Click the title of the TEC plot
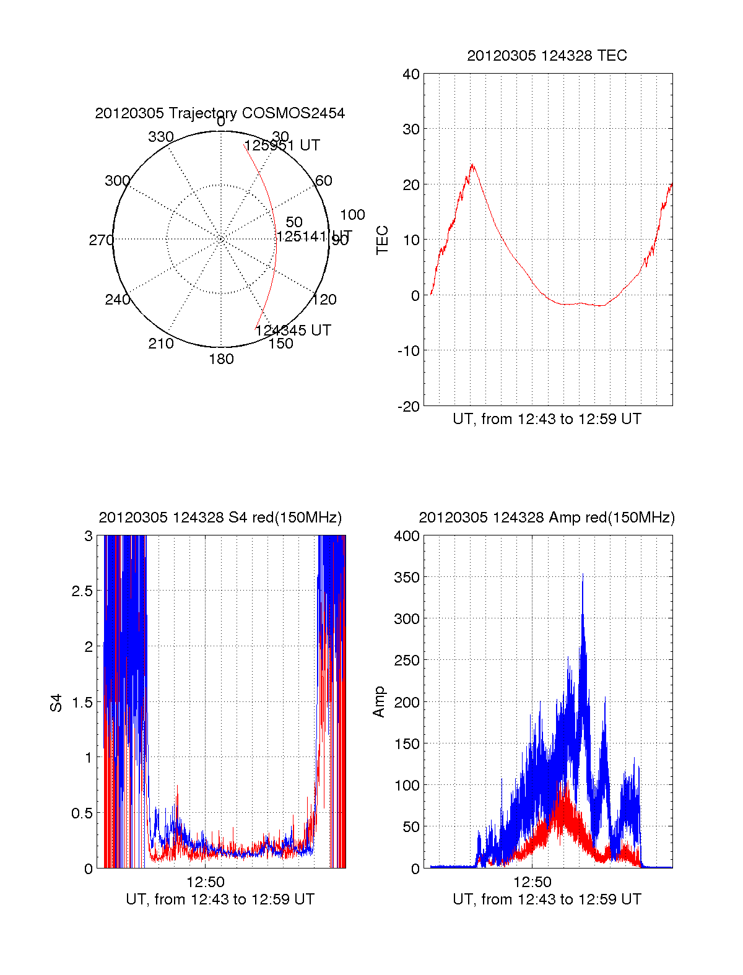tap(547, 56)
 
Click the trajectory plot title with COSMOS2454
tap(220, 113)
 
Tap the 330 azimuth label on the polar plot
tap(160, 137)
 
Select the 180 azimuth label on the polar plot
tap(221, 359)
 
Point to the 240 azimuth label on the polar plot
tap(117, 300)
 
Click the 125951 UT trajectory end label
tap(282, 145)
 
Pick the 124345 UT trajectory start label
tap(293, 331)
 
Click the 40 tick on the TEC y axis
tap(411, 74)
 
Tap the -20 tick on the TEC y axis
tap(409, 406)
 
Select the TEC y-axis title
tap(383, 240)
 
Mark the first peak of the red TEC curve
tap(472, 165)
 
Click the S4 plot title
tap(220, 518)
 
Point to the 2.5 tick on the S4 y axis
tap(82, 591)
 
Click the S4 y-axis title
tap(56, 703)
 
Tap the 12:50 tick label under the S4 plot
tap(206, 882)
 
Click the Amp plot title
tap(547, 518)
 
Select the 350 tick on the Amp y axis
tap(407, 577)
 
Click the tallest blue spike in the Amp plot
tap(583, 575)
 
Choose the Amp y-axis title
tap(379, 702)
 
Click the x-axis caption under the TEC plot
tap(547, 419)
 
